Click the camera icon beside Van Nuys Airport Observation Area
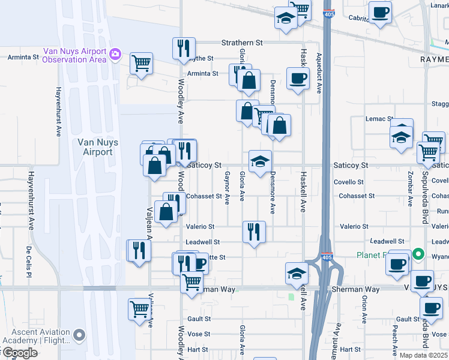[115, 55]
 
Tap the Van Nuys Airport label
[95, 147]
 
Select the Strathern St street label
[242, 43]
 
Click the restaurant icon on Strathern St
[184, 49]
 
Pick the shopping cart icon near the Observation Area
[141, 63]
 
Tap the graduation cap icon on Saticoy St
[260, 161]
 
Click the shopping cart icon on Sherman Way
[191, 281]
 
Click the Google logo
[19, 353]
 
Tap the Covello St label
[352, 181]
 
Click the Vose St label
[198, 334]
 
